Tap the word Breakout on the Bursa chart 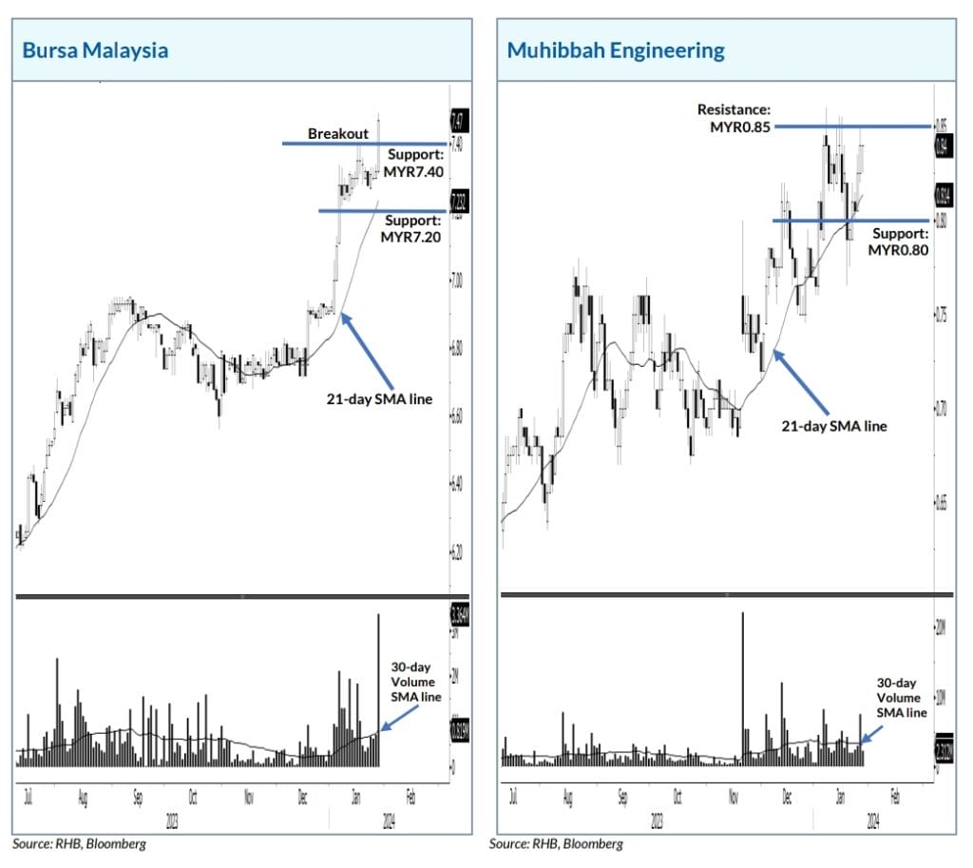pyautogui.click(x=336, y=134)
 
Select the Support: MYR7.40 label pyautogui.click(x=414, y=163)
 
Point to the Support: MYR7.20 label pyautogui.click(x=412, y=228)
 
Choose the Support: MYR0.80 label pyautogui.click(x=897, y=241)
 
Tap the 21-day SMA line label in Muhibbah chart pyautogui.click(x=834, y=425)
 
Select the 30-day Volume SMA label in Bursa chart pyautogui.click(x=415, y=682)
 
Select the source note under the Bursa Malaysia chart pyautogui.click(x=80, y=843)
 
